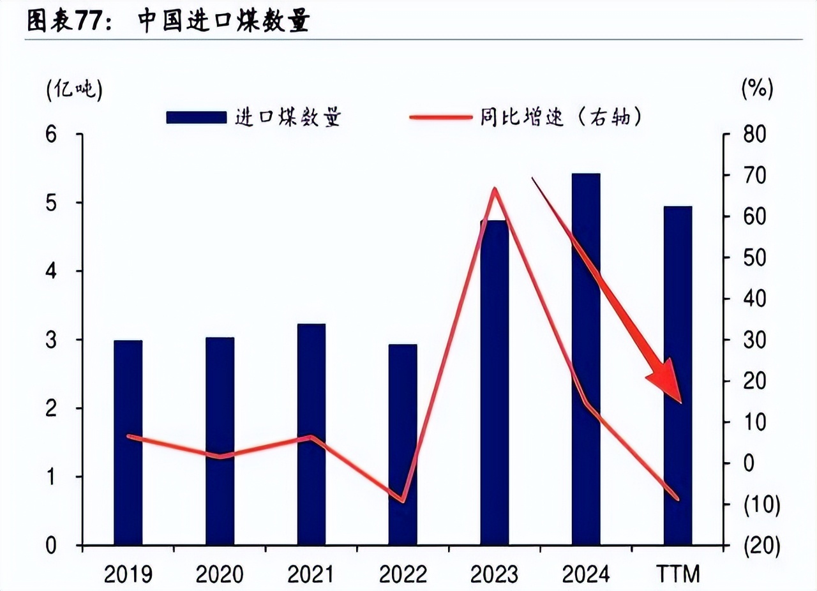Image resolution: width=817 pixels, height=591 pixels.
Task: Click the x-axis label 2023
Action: pos(495,574)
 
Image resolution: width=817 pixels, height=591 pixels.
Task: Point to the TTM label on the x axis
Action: pos(678,574)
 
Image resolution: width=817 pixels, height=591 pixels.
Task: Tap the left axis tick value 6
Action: pos(51,135)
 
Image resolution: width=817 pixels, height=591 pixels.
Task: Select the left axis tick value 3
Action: pos(51,340)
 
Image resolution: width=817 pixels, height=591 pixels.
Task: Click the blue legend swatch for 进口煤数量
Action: pos(196,117)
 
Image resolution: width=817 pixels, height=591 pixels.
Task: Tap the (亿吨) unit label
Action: pos(74,90)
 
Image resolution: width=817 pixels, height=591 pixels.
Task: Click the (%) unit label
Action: pos(757,89)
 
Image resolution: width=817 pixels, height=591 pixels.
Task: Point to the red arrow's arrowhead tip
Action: pos(681,402)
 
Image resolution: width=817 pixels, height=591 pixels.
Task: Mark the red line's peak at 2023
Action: pos(495,189)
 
